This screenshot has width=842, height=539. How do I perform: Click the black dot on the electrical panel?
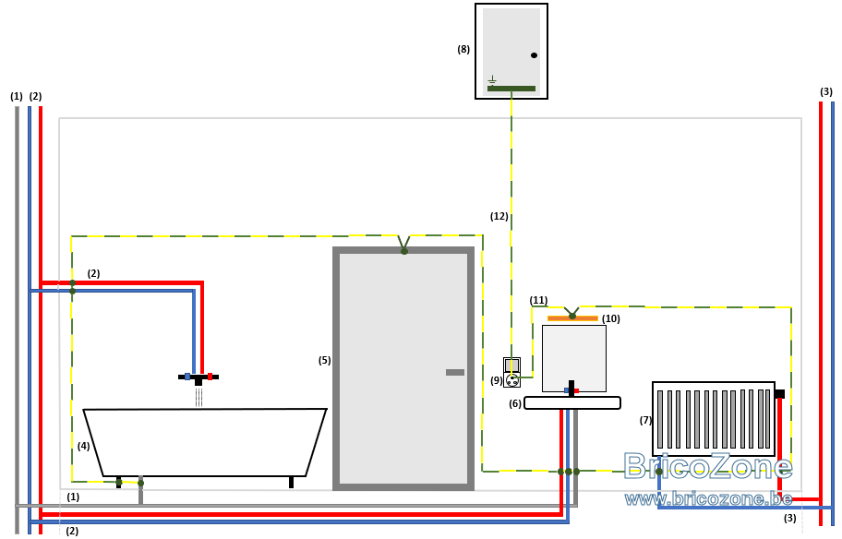tap(534, 55)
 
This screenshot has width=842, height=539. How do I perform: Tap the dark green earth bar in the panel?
tap(511, 89)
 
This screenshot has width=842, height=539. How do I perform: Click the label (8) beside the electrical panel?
tap(463, 50)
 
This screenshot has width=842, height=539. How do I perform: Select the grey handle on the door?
tap(455, 372)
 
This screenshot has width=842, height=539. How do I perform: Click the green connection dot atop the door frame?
tap(404, 251)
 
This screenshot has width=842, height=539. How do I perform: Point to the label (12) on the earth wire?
tap(499, 216)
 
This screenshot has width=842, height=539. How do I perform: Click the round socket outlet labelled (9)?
tap(512, 380)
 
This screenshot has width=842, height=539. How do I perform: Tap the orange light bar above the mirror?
tap(572, 318)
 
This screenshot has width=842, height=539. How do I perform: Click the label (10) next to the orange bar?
tap(611, 318)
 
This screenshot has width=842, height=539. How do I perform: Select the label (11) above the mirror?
tap(538, 300)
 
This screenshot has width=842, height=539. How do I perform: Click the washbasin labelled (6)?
tap(572, 402)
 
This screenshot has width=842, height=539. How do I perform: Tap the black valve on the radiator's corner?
tap(780, 394)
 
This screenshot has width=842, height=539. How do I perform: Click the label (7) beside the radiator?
tap(645, 420)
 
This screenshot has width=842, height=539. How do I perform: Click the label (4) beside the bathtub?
tap(83, 446)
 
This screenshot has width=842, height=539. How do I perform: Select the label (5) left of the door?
tap(324, 360)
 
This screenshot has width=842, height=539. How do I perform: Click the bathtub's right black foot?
tap(291, 482)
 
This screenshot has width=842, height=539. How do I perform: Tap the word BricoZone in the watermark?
tap(708, 465)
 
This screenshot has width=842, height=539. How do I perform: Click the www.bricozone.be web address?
tap(708, 499)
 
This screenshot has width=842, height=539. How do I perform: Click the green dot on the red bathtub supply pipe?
tap(73, 283)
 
